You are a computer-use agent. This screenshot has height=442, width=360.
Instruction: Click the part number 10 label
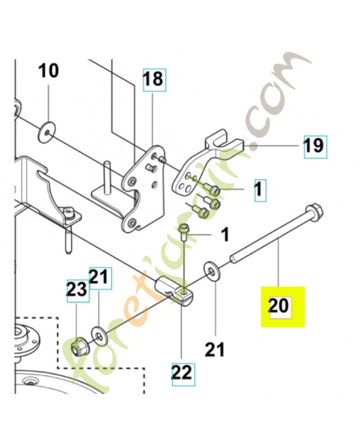49,71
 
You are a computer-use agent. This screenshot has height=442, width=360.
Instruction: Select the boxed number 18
155,80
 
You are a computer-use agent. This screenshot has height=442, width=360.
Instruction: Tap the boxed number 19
315,146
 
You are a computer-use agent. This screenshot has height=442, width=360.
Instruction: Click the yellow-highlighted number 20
280,307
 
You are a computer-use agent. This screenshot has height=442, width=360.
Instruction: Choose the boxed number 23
77,291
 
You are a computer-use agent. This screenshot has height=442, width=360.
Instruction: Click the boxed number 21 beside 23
100,278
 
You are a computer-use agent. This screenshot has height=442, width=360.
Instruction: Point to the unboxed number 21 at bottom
215,350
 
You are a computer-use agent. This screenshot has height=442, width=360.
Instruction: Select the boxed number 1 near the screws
260,190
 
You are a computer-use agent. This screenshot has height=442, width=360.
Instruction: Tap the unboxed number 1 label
224,235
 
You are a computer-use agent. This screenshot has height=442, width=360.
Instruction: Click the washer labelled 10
46,131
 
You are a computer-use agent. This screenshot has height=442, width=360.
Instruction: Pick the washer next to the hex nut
99,336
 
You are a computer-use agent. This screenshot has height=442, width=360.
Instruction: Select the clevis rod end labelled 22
174,291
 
